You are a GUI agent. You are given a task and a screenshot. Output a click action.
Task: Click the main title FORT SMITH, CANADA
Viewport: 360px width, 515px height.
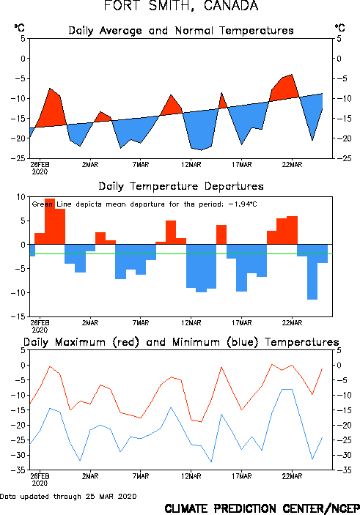tap(181, 6)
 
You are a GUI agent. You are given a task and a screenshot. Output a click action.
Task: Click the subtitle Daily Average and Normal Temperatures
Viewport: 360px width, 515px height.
tap(181, 31)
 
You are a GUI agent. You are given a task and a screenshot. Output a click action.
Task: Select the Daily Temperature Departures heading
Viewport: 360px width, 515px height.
tap(181, 186)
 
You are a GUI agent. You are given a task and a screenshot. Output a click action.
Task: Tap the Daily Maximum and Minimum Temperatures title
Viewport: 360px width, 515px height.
tap(181, 342)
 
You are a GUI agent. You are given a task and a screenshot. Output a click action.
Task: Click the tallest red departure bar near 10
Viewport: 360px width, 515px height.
tap(50, 221)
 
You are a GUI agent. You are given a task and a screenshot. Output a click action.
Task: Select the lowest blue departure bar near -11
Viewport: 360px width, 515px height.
tap(312, 272)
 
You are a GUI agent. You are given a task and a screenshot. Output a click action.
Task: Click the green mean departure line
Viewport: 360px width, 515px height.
tap(181, 254)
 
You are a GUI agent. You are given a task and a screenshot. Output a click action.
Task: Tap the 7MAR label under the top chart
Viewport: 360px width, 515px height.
tap(141, 165)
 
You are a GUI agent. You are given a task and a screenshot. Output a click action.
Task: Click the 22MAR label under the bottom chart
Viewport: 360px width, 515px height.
tap(292, 476)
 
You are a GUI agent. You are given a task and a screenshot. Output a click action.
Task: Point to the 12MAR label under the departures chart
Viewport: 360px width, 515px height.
tap(191, 323)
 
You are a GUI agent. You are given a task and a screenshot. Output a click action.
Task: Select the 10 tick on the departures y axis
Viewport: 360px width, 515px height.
tap(21, 197)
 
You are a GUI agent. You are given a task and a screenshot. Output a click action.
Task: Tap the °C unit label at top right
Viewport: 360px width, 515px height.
tap(340, 28)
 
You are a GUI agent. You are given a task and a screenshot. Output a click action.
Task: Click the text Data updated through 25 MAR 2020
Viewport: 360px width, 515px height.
tap(68, 496)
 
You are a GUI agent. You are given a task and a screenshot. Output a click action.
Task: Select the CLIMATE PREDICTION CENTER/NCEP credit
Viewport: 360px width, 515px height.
tap(262, 508)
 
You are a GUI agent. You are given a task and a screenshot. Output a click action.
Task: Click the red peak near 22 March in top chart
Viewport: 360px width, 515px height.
tap(292, 75)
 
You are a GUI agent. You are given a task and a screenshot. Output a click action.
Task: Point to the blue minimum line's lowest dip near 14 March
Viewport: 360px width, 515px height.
tap(211, 462)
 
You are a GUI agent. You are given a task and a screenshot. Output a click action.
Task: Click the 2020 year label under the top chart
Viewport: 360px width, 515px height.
tap(40, 171)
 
